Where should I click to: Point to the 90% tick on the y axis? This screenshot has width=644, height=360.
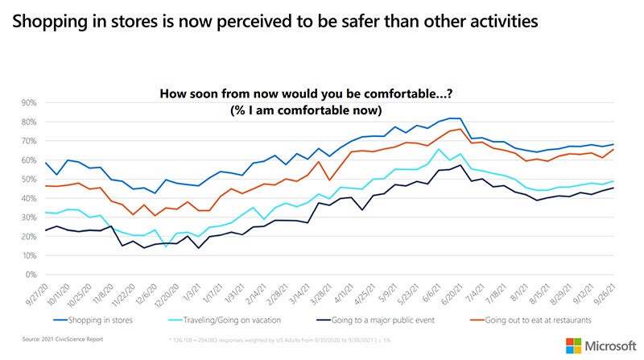point(30,103)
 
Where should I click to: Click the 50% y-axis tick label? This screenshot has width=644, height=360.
point(30,180)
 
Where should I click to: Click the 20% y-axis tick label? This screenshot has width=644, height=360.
point(30,237)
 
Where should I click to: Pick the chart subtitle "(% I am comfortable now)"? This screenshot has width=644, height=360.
point(326,110)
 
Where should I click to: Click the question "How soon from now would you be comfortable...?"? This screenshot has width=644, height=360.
point(326,94)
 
